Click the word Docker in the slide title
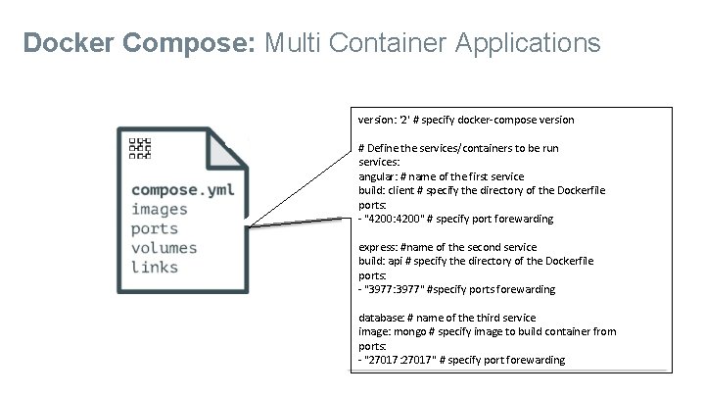pyautogui.click(x=66, y=43)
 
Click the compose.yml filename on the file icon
pyautogui.click(x=182, y=189)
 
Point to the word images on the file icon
pyautogui.click(x=160, y=209)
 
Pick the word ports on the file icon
pyautogui.click(x=155, y=228)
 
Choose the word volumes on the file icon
pyautogui.click(x=164, y=248)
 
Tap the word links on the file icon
pyautogui.click(x=155, y=268)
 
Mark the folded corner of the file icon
pyautogui.click(x=224, y=147)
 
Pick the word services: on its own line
pyautogui.click(x=379, y=163)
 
